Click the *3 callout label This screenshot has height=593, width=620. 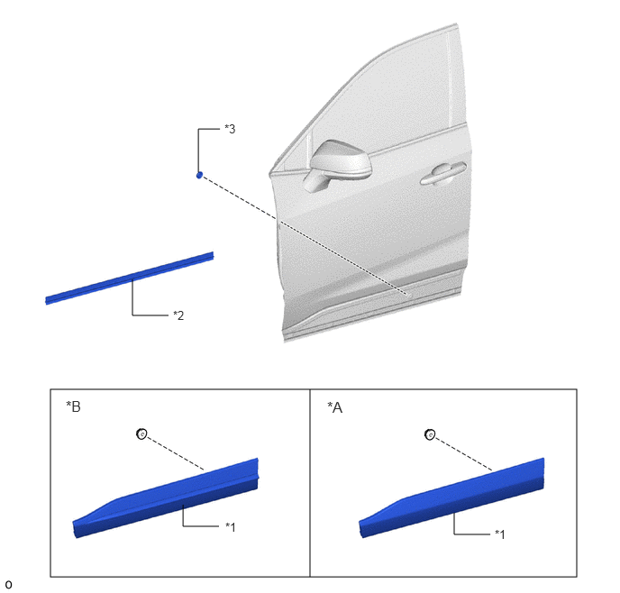pyautogui.click(x=230, y=129)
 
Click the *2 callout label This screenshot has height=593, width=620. pyautogui.click(x=178, y=315)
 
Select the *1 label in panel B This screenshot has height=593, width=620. pyautogui.click(x=230, y=526)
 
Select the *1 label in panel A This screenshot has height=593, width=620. pyautogui.click(x=500, y=534)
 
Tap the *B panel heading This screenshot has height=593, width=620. pyautogui.click(x=73, y=406)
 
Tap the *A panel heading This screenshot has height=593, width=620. pyautogui.click(x=335, y=407)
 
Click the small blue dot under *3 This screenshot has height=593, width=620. pyautogui.click(x=199, y=175)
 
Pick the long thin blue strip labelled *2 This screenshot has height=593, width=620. pyautogui.click(x=130, y=278)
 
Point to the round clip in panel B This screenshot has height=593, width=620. pyautogui.click(x=141, y=433)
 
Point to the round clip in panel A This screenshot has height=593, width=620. pyautogui.click(x=430, y=434)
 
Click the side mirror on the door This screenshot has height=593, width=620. pyautogui.click(x=338, y=164)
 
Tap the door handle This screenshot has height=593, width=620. pyautogui.click(x=442, y=173)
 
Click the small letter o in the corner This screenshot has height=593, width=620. pyautogui.click(x=8, y=584)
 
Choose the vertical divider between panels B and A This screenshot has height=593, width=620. pyautogui.click(x=310, y=483)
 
